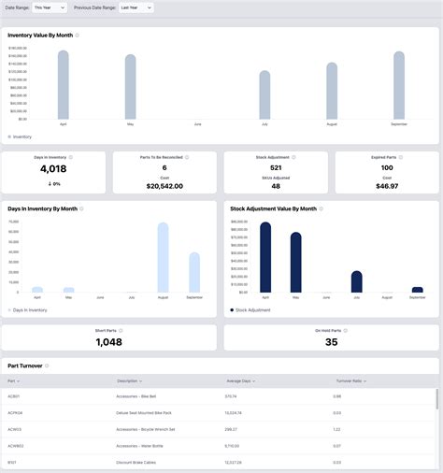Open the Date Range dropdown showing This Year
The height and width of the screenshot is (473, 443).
click(x=49, y=7)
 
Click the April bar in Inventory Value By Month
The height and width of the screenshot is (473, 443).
click(x=64, y=86)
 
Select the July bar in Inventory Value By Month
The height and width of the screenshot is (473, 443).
click(x=264, y=95)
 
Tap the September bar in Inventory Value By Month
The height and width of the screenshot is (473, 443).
click(x=399, y=86)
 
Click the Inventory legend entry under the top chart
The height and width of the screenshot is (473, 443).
click(x=21, y=136)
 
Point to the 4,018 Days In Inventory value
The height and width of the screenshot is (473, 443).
click(x=54, y=169)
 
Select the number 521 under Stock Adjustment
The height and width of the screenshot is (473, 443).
click(x=276, y=167)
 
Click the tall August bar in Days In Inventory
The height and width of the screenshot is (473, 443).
click(x=163, y=258)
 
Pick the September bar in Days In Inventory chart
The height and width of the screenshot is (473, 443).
click(x=194, y=273)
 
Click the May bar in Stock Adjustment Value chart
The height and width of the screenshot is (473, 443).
click(x=296, y=263)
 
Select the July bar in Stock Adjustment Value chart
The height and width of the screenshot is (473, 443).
click(x=356, y=282)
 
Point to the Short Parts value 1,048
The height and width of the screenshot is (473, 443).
click(x=109, y=342)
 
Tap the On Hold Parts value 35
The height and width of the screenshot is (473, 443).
click(x=331, y=342)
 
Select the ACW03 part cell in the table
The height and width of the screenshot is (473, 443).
click(x=15, y=428)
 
